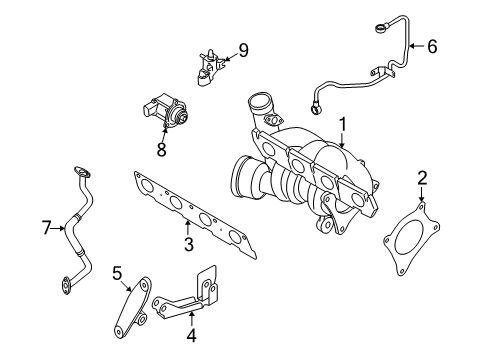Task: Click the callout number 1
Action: [343, 125]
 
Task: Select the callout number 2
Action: [422, 178]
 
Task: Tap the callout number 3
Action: [189, 244]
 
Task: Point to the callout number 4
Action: [191, 335]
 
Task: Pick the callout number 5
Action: [117, 273]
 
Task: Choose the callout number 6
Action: [432, 46]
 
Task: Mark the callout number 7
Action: [47, 228]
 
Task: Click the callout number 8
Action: [161, 149]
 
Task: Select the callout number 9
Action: [243, 50]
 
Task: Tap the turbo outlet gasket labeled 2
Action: [412, 238]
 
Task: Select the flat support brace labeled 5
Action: [133, 307]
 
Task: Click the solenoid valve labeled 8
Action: [166, 110]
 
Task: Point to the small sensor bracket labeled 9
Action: [209, 68]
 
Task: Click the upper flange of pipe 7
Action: [82, 172]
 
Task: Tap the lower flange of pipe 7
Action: [66, 285]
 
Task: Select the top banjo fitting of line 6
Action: [380, 28]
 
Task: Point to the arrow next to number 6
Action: [416, 46]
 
